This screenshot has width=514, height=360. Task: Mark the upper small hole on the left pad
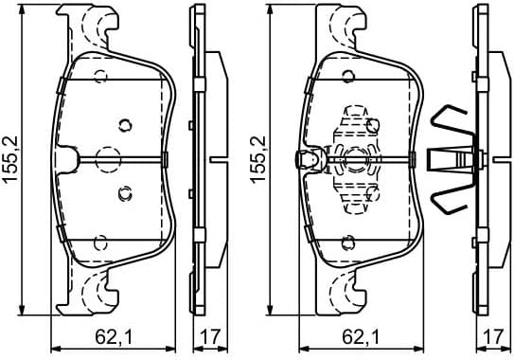pyautogui.click(x=124, y=123)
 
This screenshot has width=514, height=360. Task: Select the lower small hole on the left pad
pyautogui.click(x=123, y=193)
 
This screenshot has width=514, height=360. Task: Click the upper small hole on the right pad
pyautogui.click(x=373, y=123)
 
